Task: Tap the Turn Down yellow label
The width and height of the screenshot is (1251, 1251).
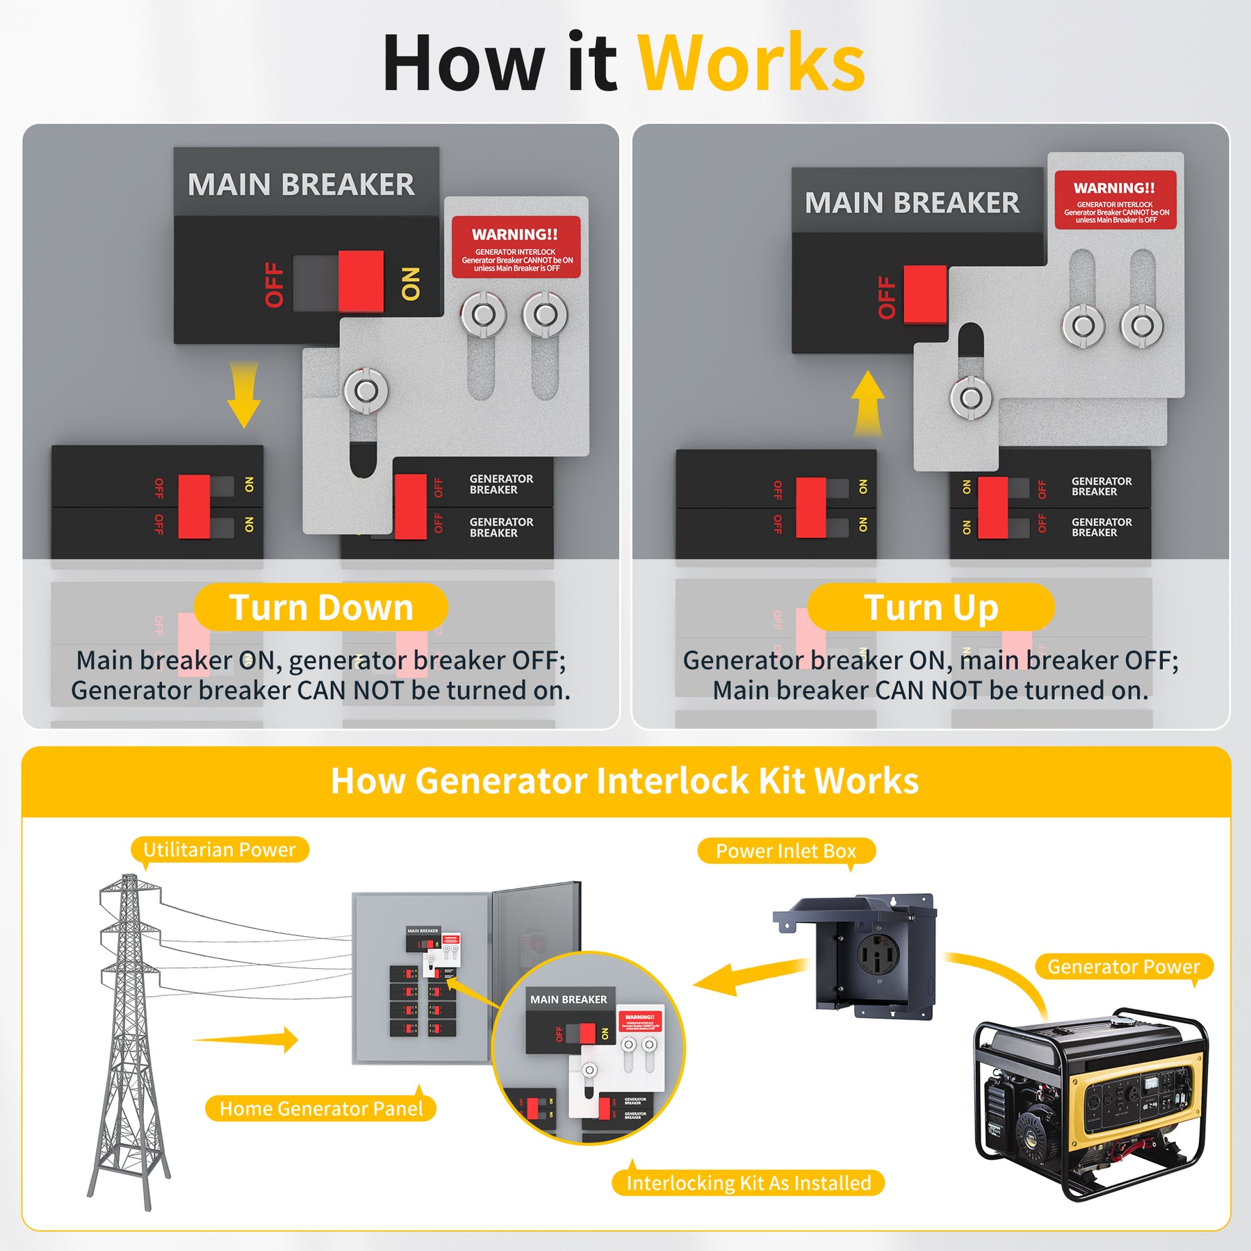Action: point(321,607)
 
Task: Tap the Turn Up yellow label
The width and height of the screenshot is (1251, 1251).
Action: point(931,607)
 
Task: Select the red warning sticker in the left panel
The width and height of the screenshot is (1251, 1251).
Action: point(516,247)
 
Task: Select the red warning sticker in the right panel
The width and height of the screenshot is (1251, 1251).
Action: point(1115,200)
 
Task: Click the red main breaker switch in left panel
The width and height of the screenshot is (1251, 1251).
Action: point(361,281)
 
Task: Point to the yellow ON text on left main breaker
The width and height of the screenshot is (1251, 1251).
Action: point(411,284)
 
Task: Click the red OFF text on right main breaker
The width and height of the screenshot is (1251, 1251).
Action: point(887,297)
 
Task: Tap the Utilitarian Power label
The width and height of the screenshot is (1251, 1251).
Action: point(220,849)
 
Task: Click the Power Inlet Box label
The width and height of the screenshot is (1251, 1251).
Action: point(786,851)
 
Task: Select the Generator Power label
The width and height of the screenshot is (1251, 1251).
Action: point(1124,967)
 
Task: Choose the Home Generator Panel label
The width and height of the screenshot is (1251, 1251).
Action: point(321,1108)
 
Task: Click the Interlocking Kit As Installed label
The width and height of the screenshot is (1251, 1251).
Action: point(749,1182)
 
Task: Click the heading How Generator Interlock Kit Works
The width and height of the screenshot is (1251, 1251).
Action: point(625,780)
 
